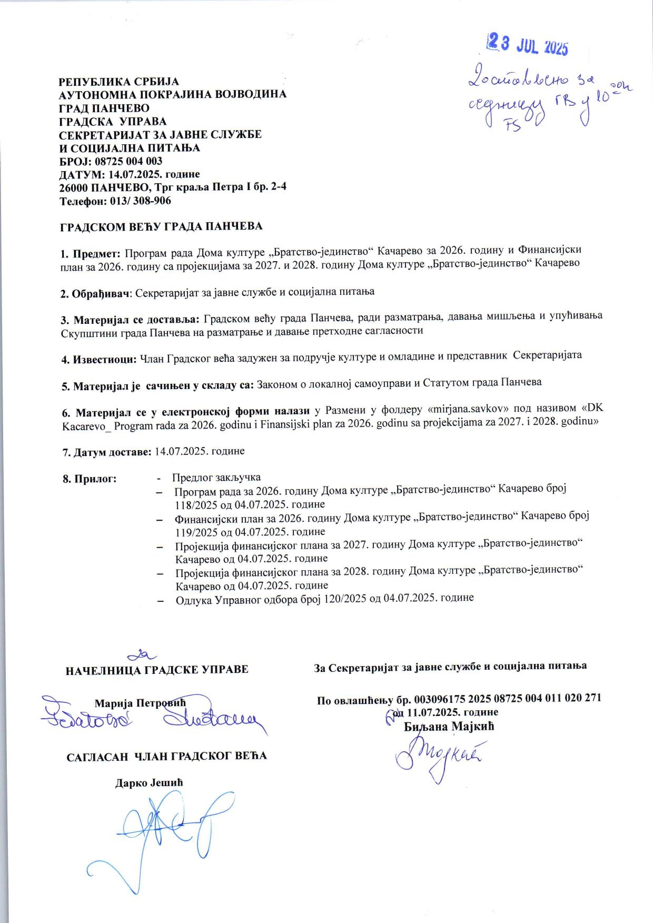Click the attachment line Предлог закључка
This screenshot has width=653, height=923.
point(216,478)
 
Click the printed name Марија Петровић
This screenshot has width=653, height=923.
point(140,702)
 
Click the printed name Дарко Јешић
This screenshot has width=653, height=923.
point(149,782)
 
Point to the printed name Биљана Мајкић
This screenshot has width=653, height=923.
point(450,727)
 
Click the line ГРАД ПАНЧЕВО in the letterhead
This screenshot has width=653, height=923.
point(104,108)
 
